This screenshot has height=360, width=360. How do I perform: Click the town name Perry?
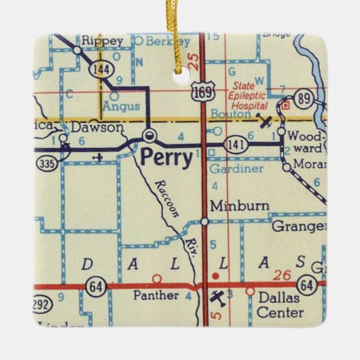click(x=162, y=158)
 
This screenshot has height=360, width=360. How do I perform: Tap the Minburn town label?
click(x=230, y=205)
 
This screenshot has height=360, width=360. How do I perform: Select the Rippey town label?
click(x=103, y=41)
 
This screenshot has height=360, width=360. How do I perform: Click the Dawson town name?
click(x=98, y=127)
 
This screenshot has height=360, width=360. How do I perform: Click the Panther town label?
click(x=156, y=295)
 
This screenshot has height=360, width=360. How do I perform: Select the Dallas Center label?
click(x=279, y=304)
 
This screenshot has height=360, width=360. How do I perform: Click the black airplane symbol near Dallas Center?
click(x=217, y=296)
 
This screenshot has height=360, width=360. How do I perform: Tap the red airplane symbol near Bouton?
click(x=266, y=122)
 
